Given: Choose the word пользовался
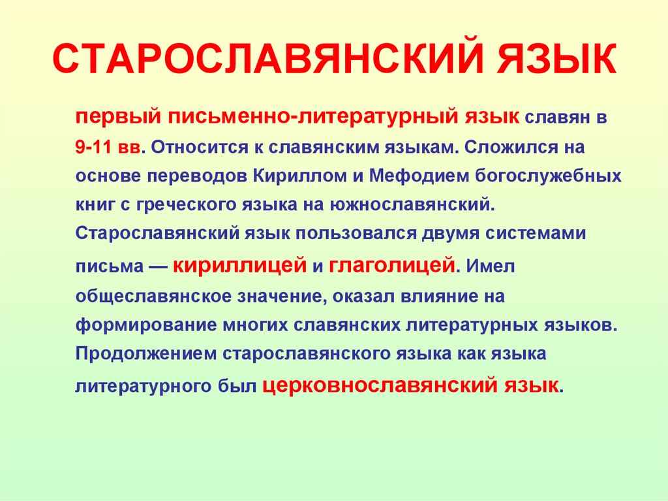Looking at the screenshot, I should click(x=352, y=234).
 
